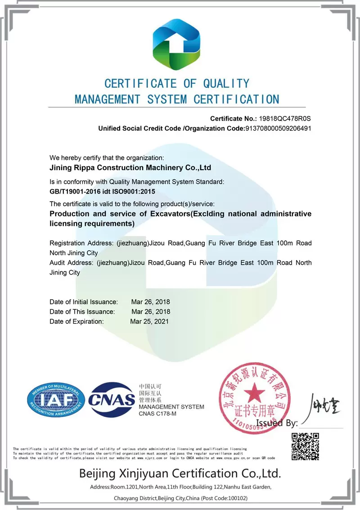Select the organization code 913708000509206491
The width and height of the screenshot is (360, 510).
(x=278, y=128)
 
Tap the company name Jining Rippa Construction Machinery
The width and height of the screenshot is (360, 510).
(x=130, y=168)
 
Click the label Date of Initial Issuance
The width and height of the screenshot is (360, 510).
(x=84, y=302)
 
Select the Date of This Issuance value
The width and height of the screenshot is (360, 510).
(x=150, y=311)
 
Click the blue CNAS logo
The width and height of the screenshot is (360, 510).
(x=112, y=399)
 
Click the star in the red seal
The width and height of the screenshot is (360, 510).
(x=253, y=391)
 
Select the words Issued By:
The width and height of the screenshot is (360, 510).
(x=277, y=423)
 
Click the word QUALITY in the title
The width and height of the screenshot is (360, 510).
(x=226, y=83)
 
